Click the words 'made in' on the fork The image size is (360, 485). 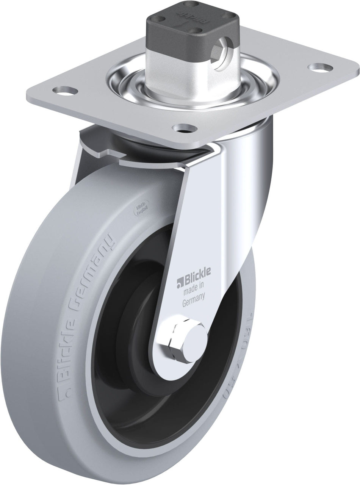(194, 291)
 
